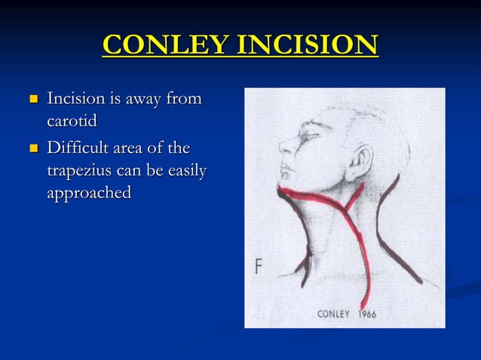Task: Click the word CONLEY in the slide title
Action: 166,45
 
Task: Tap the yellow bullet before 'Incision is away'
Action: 32,99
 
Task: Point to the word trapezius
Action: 82,170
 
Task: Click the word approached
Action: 89,193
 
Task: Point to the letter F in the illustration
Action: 258,267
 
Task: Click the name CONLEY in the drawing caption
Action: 333,313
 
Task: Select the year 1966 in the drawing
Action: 367,313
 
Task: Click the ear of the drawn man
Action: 363,160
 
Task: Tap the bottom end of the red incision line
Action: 363,305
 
